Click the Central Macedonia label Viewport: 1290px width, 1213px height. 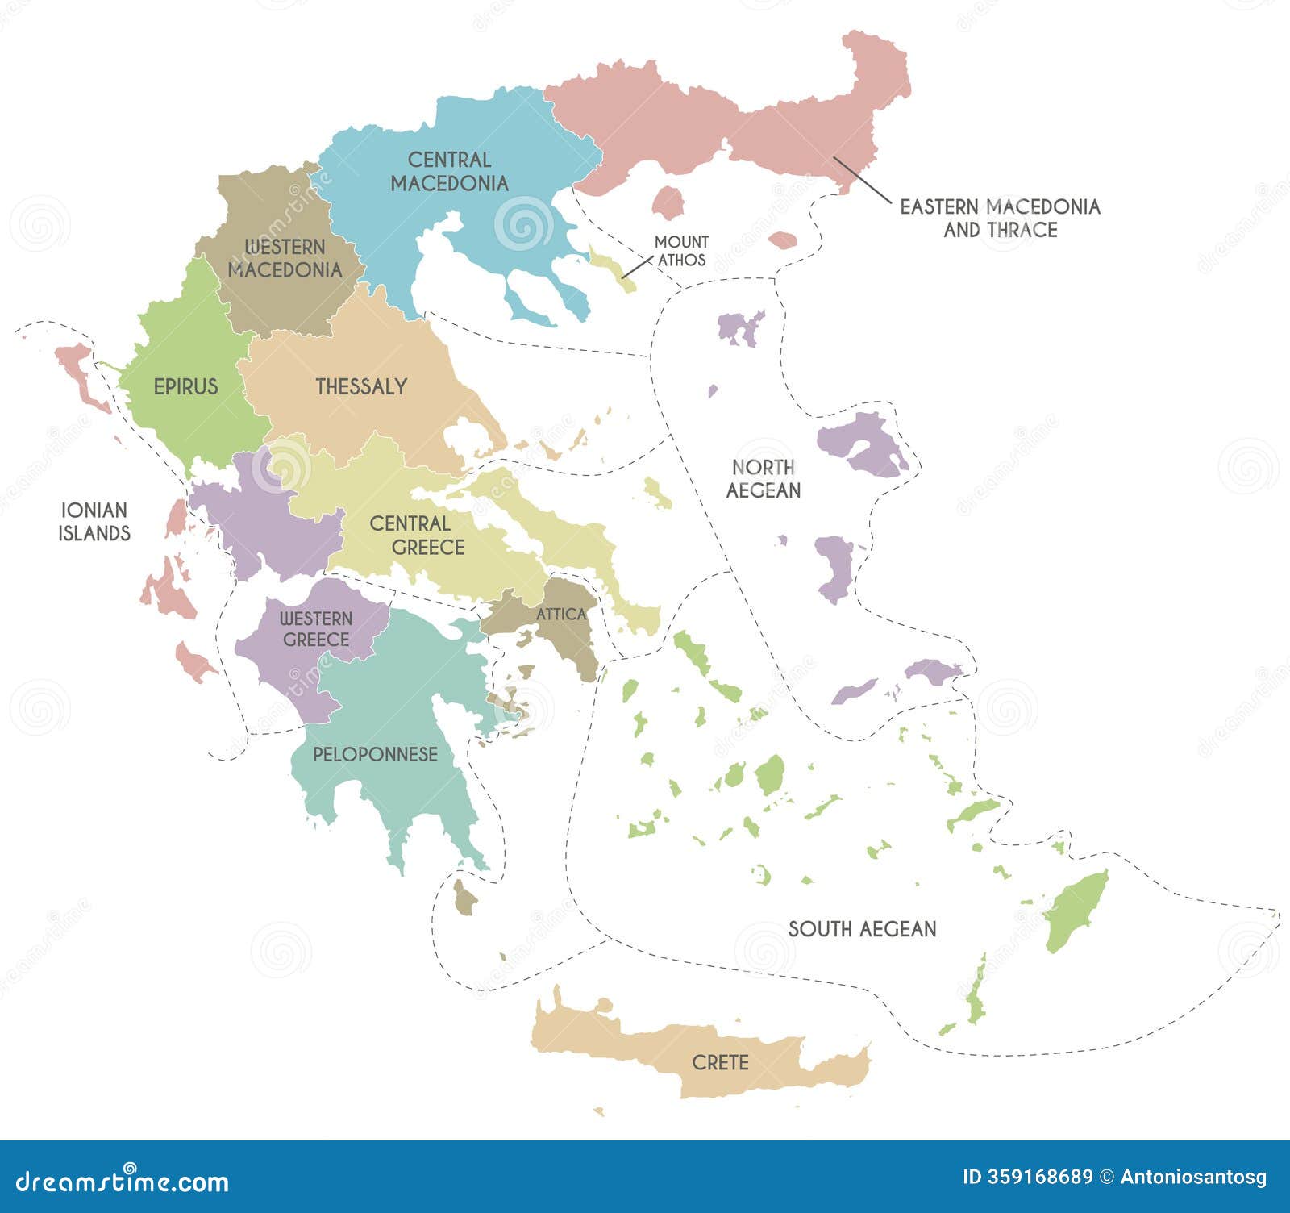click(x=450, y=171)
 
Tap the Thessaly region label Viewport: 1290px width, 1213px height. click(x=360, y=386)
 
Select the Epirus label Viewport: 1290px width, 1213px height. click(x=185, y=386)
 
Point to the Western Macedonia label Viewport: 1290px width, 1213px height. click(x=285, y=258)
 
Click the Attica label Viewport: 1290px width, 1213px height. click(x=561, y=614)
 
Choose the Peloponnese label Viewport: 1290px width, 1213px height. click(x=375, y=754)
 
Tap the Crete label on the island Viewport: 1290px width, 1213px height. click(x=720, y=1062)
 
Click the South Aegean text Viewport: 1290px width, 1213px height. click(x=862, y=928)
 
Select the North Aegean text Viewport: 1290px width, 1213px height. click(x=763, y=478)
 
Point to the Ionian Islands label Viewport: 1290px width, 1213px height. click(x=94, y=521)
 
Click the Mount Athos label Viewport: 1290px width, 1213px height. click(x=681, y=251)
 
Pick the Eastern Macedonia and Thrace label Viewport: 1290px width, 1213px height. click(x=1000, y=218)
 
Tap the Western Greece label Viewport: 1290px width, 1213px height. click(x=316, y=628)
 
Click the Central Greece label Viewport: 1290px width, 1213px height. click(x=417, y=535)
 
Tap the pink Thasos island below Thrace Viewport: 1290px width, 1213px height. click(x=668, y=202)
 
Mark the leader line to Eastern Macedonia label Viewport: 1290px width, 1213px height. click(x=862, y=179)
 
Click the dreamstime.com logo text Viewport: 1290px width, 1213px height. click(x=123, y=1182)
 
